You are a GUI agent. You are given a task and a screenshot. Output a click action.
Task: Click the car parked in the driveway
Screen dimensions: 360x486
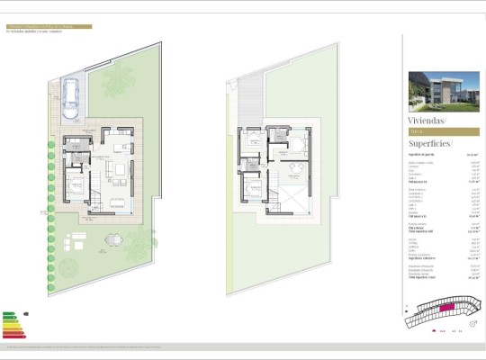coord(71,94)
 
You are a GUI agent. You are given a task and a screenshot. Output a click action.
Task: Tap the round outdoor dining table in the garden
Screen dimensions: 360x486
coord(112,239)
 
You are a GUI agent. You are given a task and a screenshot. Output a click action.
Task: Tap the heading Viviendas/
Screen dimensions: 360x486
coord(427,120)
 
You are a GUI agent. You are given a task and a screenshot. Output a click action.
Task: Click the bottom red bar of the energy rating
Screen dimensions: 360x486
coord(14,337)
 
